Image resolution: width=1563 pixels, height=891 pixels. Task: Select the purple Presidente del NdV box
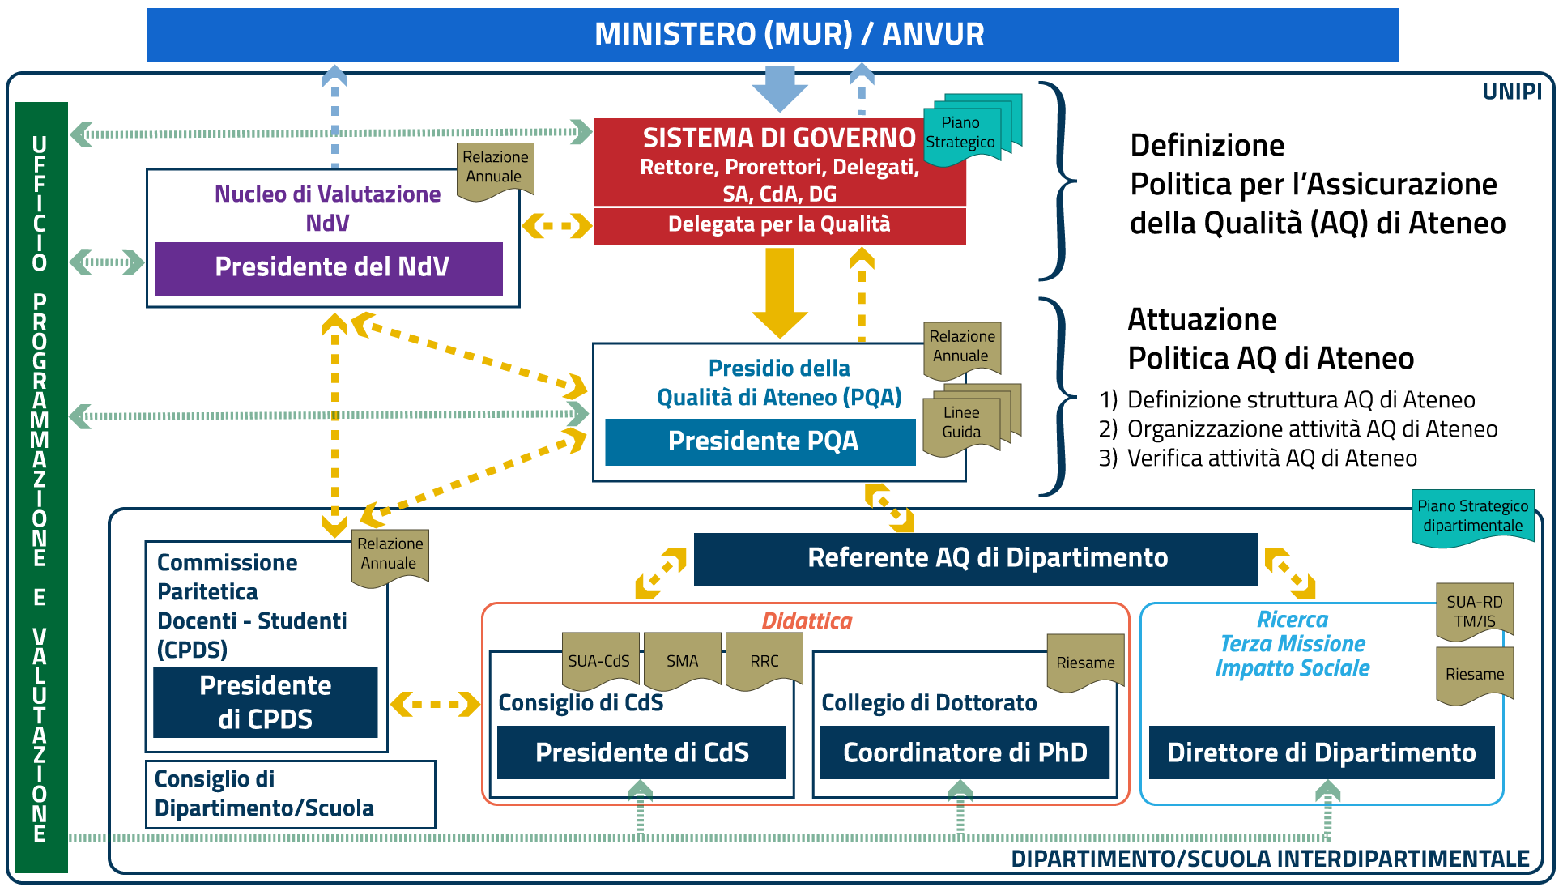329,268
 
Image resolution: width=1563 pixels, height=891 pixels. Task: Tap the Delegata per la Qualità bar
779,225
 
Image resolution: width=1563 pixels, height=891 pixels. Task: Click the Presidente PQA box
760,442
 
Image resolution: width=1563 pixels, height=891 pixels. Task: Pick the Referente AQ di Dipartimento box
976,559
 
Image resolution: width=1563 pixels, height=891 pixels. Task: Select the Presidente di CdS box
641,753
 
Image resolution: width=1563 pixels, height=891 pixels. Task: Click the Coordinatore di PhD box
965,753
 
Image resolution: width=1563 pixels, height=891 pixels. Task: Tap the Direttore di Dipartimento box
1322,753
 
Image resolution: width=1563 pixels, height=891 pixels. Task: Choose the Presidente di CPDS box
266,702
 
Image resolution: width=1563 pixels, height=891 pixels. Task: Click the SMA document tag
682,661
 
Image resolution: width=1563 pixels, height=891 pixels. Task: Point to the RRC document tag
764,661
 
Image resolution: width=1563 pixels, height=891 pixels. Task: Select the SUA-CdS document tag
599,661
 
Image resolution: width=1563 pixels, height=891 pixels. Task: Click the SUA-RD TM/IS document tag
1474,612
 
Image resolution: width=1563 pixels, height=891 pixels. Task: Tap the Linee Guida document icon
961,423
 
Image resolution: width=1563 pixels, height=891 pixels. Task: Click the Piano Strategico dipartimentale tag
1472,517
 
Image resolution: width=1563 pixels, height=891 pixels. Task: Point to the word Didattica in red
807,621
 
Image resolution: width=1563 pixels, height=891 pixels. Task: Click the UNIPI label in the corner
1511,92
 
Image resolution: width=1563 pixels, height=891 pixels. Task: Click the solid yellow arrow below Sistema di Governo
780,292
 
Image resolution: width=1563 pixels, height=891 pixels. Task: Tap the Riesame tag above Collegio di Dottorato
1085,663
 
